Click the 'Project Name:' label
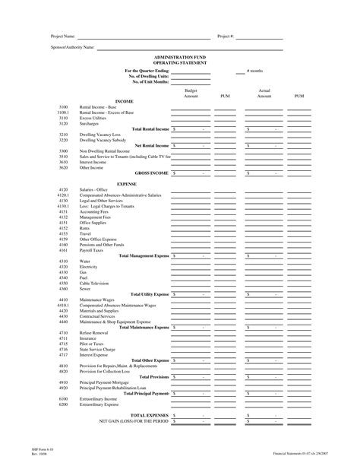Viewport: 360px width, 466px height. point(63,36)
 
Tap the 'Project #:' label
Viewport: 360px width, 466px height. point(226,36)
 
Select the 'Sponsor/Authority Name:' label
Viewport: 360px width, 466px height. point(72,46)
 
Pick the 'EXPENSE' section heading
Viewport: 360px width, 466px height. point(127,184)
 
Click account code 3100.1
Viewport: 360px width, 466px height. point(64,113)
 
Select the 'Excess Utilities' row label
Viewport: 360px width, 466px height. point(93,119)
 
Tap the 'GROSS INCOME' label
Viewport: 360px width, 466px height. point(152,173)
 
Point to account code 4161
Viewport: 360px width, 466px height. point(64,250)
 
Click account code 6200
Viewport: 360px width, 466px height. point(64,404)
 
